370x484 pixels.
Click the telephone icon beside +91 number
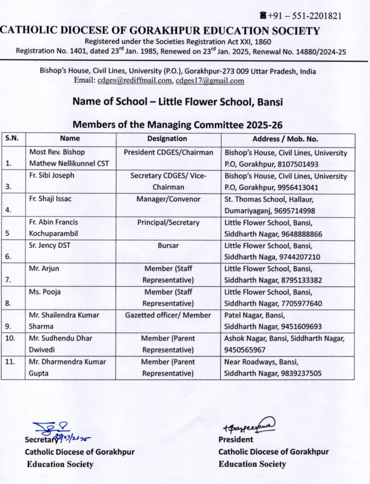coord(263,16)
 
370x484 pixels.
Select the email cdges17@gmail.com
coord(210,81)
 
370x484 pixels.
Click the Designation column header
coord(167,139)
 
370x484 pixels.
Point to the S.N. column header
coord(12,139)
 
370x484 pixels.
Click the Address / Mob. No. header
coord(285,139)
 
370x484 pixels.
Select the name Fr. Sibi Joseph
coord(51,176)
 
